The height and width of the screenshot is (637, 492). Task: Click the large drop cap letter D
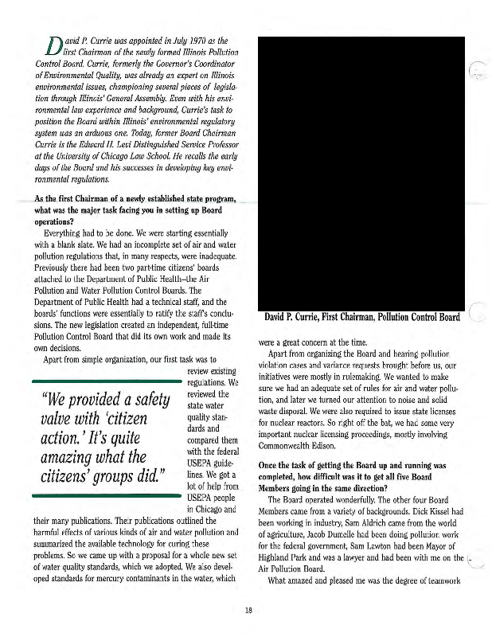pos(53,47)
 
